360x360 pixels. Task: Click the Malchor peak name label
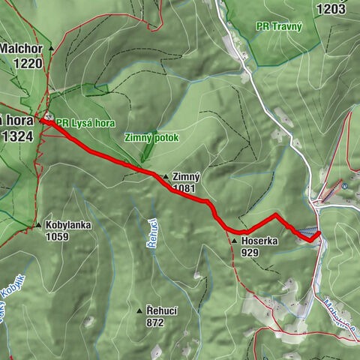[20, 49]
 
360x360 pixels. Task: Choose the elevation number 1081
[184, 189]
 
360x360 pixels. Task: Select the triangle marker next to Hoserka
[234, 241]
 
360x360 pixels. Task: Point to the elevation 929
[251, 253]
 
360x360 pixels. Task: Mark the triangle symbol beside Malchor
[51, 49]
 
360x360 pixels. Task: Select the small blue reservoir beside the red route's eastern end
[307, 232]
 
